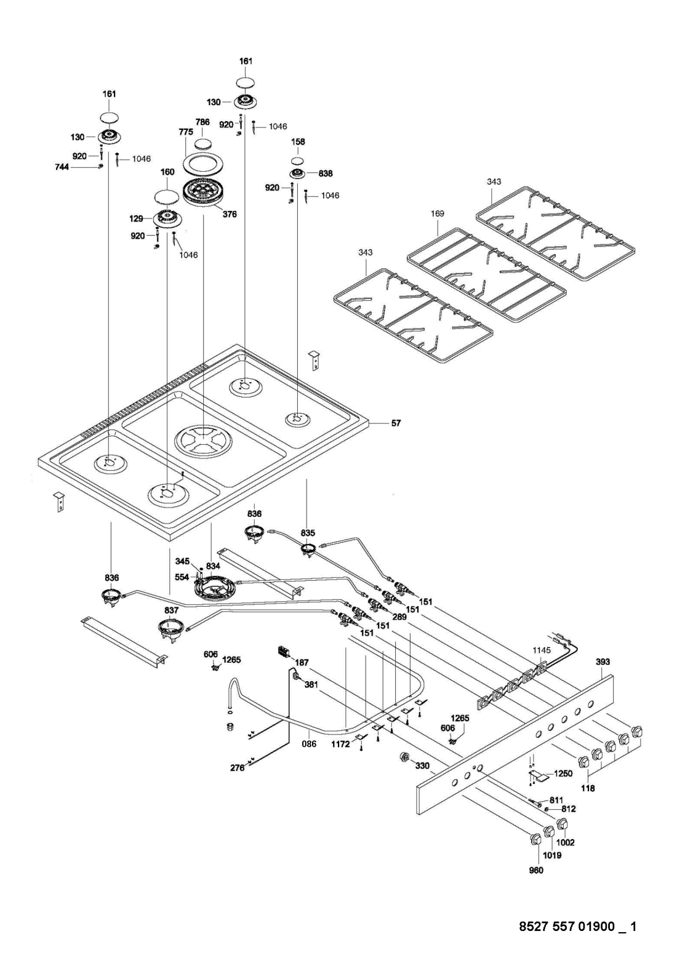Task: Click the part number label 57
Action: (x=396, y=423)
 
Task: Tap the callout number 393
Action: (x=603, y=662)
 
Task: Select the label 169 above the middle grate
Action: (x=438, y=214)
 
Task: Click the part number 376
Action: (x=230, y=214)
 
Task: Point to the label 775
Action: (x=186, y=132)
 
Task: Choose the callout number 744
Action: (x=62, y=167)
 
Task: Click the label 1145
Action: (x=542, y=650)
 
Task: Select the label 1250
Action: (x=563, y=773)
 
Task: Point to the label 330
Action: (x=422, y=765)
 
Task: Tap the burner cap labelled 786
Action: (x=202, y=144)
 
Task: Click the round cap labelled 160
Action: (x=167, y=198)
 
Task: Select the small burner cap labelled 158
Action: (x=298, y=161)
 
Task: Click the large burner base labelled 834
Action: (x=214, y=589)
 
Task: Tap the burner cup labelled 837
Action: (x=169, y=629)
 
